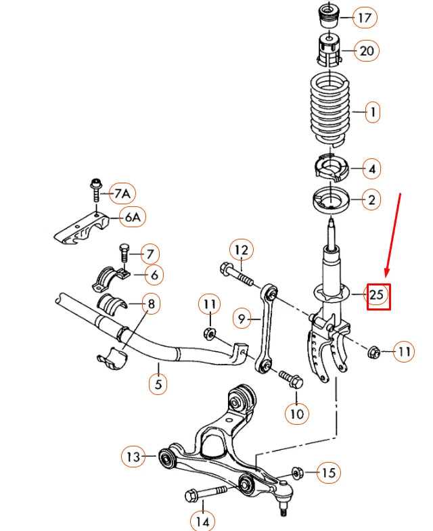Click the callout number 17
click(x=365, y=18)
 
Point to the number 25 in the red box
click(x=378, y=294)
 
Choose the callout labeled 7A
click(x=121, y=194)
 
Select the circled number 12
click(x=242, y=250)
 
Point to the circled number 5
click(x=158, y=384)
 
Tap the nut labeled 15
click(x=296, y=471)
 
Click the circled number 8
click(x=150, y=304)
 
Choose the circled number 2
click(x=371, y=200)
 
